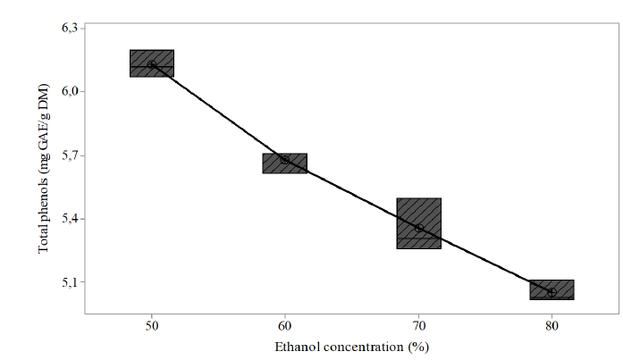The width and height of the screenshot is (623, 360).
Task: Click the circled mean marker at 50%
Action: coord(152,64)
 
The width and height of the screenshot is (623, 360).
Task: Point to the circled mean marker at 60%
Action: coord(284,159)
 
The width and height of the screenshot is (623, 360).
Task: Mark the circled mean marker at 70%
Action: coord(419,229)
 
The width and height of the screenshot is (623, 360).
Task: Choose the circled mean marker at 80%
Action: coord(551,292)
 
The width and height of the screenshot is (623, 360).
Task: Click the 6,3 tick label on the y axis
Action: coord(69,29)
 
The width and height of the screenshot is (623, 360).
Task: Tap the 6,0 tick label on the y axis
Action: coord(69,92)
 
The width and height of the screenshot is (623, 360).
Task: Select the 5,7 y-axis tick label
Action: coord(69,155)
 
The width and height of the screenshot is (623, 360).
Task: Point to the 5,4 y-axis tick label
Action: coord(69,219)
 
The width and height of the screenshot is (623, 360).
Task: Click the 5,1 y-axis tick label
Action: coord(69,282)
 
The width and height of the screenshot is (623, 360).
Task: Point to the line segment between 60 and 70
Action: coord(351,194)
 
